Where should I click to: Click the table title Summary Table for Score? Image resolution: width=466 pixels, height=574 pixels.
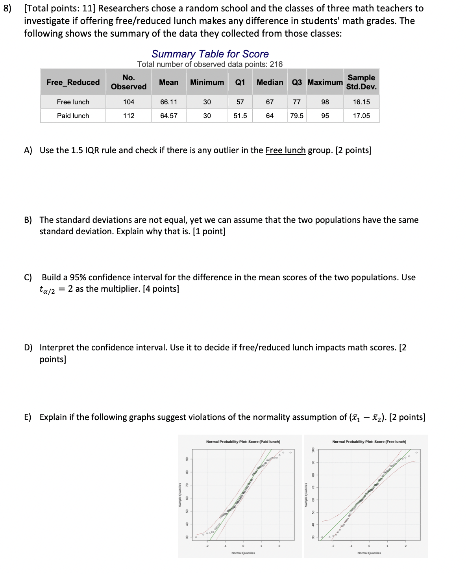[x=210, y=54]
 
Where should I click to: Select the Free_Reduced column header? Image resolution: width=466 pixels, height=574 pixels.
[x=73, y=82]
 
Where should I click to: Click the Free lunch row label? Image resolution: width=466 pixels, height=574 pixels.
[x=73, y=102]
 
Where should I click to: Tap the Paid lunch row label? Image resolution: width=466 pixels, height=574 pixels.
[x=73, y=116]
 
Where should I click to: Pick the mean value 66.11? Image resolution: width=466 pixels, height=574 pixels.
[x=168, y=102]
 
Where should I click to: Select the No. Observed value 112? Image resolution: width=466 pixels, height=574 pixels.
[x=128, y=116]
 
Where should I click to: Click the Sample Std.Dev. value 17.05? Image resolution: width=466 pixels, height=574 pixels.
[x=361, y=116]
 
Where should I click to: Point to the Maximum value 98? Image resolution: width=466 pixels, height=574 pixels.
[x=325, y=102]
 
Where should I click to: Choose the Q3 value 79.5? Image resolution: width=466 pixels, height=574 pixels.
[x=296, y=116]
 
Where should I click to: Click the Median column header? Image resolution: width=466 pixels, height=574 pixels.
[x=270, y=82]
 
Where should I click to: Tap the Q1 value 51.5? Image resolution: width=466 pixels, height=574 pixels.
[x=240, y=116]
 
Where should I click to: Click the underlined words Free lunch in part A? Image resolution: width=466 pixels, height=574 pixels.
[x=285, y=150]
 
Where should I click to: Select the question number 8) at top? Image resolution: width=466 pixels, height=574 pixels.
[x=7, y=8]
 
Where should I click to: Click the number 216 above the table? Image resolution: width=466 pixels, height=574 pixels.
[x=276, y=64]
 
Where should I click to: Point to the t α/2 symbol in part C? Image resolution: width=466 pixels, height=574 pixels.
[x=47, y=290]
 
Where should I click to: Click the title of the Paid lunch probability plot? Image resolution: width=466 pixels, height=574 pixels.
[x=243, y=442]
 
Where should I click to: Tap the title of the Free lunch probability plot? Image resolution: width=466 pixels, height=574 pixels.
[x=369, y=442]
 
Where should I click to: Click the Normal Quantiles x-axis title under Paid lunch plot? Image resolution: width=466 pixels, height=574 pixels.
[x=243, y=553]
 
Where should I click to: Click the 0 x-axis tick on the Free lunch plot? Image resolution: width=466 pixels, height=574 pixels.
[x=369, y=546]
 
